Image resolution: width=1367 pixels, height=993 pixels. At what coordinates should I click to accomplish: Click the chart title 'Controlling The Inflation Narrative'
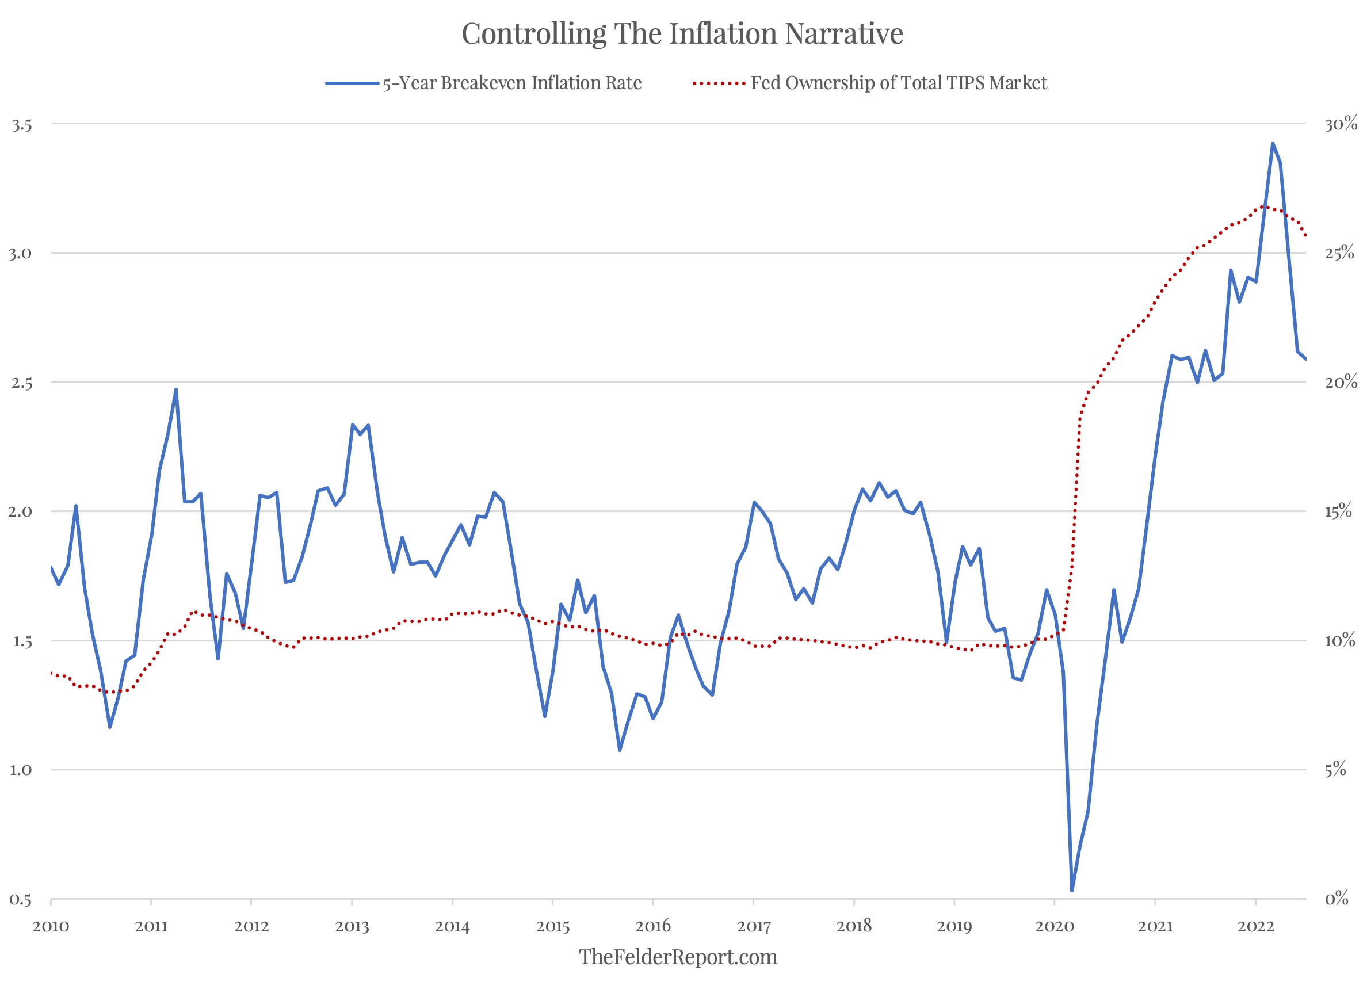click(x=682, y=33)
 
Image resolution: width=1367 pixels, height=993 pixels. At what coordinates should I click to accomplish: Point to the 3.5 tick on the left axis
click(x=22, y=125)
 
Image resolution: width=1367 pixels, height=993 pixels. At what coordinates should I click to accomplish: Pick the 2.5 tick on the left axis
click(x=22, y=382)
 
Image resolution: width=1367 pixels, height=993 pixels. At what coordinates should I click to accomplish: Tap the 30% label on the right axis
click(x=1341, y=124)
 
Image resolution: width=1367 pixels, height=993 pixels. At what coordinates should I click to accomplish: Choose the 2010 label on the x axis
click(x=51, y=926)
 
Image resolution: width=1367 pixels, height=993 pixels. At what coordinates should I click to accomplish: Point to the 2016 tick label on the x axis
click(x=653, y=926)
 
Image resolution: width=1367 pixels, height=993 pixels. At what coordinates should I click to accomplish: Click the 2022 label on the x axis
click(x=1256, y=926)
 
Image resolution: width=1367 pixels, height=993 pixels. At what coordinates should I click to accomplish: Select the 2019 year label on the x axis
click(x=954, y=926)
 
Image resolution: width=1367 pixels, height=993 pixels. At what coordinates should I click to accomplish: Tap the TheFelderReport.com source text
click(x=678, y=957)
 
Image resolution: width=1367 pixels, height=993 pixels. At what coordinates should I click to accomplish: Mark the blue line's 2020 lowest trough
click(x=1072, y=890)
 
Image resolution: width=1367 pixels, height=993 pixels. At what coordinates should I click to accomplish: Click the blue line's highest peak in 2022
click(x=1273, y=143)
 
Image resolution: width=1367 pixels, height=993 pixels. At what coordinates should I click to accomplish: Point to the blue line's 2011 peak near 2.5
click(x=176, y=390)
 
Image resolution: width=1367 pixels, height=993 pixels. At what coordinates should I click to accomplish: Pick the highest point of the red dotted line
click(x=1264, y=207)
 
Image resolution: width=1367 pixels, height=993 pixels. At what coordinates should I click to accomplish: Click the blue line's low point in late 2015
click(x=620, y=750)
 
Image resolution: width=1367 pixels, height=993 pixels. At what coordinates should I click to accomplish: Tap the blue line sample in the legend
click(x=353, y=83)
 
